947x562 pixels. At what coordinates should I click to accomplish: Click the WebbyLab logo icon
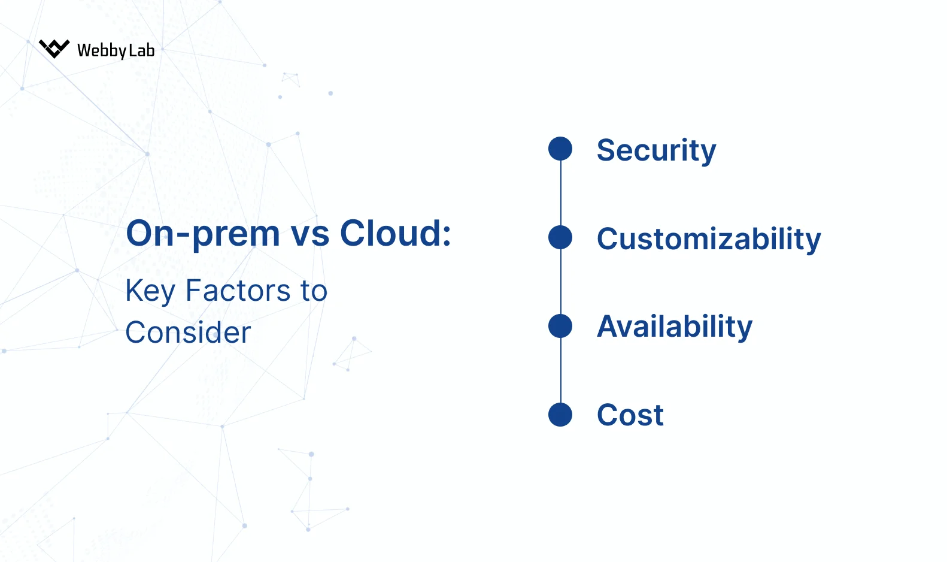(54, 49)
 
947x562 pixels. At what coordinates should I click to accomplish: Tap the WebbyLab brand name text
(116, 50)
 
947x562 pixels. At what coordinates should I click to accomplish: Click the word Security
(656, 150)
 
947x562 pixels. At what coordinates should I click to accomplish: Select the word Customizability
(709, 238)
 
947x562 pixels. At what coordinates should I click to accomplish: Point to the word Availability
(675, 327)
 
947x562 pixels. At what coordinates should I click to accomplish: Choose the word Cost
(630, 415)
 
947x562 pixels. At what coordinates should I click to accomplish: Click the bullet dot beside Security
(560, 149)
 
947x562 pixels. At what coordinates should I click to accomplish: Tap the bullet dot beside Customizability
(560, 237)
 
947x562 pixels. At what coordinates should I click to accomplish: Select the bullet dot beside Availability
(560, 326)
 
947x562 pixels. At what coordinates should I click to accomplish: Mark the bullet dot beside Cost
(560, 415)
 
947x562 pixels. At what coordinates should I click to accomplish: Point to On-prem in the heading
(203, 234)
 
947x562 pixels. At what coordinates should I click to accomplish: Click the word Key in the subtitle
(150, 292)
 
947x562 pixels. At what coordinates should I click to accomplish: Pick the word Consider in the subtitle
(188, 333)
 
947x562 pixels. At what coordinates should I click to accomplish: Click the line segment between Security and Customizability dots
(561, 193)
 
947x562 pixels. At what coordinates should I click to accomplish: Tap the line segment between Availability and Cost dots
(561, 370)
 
